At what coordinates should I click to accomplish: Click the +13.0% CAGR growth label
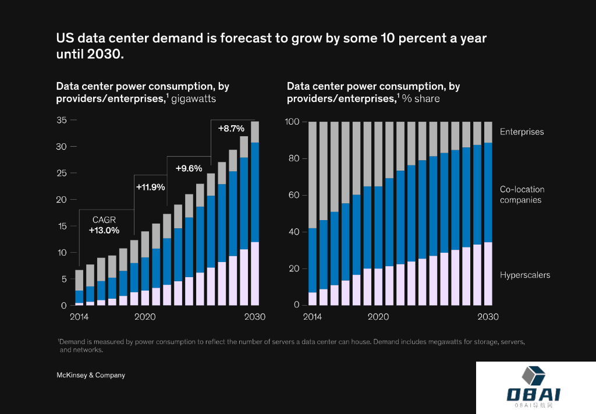(x=104, y=230)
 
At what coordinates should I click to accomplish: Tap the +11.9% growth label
(x=150, y=187)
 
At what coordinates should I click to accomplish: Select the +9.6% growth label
(x=189, y=168)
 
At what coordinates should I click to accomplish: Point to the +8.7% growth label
(x=231, y=128)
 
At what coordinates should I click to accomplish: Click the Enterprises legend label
(x=521, y=132)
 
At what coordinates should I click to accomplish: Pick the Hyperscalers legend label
(x=524, y=275)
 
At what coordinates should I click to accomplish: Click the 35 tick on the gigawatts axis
(x=61, y=120)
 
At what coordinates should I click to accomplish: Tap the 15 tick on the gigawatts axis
(x=61, y=226)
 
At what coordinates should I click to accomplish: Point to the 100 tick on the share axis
(x=292, y=122)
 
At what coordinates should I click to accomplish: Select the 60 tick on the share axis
(x=294, y=195)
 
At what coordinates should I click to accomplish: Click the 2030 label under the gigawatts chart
(x=255, y=317)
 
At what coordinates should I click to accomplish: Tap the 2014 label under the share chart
(x=312, y=317)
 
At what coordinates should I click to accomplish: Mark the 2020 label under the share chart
(x=378, y=317)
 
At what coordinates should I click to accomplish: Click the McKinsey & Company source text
(x=90, y=376)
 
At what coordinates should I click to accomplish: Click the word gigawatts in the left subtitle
(x=193, y=99)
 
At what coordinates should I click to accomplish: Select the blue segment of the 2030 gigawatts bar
(x=255, y=192)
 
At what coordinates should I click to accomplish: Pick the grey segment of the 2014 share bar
(x=312, y=175)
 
